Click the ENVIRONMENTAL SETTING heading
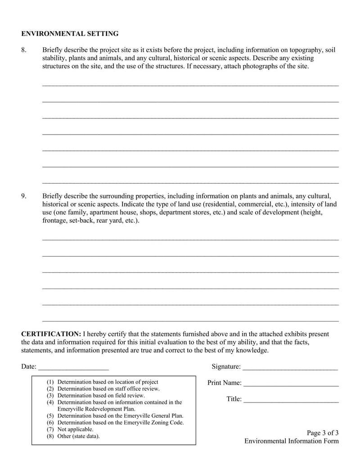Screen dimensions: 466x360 pyautogui.click(x=70, y=34)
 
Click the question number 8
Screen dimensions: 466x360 pyautogui.click(x=24, y=50)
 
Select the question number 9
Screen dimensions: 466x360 pyautogui.click(x=24, y=196)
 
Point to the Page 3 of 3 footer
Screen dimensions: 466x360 pyautogui.click(x=323, y=433)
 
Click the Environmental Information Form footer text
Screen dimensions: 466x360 pyautogui.click(x=292, y=441)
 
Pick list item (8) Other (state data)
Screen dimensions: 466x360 pyautogui.click(x=73, y=436)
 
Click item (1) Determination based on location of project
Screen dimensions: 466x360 pyautogui.click(x=102, y=382)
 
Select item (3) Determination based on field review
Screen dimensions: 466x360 pyautogui.click(x=95, y=395)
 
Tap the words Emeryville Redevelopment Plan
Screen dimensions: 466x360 pyautogui.click(x=96, y=409)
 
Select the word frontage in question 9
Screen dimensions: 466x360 pyautogui.click(x=54, y=221)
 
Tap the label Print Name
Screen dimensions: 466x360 pyautogui.click(x=224, y=383)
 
